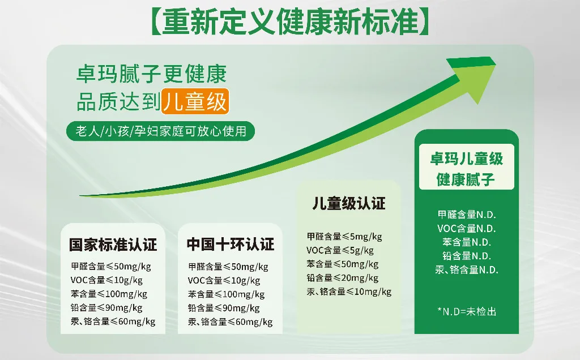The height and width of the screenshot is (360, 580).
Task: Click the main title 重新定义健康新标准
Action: [x=290, y=22]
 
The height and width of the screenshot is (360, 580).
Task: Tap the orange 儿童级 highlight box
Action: [x=195, y=102]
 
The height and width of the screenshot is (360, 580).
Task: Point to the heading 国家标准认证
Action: [x=113, y=245]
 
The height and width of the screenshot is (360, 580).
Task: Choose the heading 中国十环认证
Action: [x=231, y=245]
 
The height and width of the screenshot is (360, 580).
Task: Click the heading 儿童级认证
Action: [x=349, y=203]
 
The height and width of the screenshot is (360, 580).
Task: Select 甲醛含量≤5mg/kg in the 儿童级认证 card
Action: [x=344, y=237]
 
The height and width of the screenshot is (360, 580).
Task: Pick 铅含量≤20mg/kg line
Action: [x=343, y=278]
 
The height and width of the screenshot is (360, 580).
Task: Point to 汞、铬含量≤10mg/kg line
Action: [x=349, y=292]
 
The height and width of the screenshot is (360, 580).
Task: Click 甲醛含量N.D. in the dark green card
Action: [x=467, y=215]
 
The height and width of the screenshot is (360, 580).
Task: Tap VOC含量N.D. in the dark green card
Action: [x=467, y=229]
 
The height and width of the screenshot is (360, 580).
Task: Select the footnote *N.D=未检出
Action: [x=467, y=311]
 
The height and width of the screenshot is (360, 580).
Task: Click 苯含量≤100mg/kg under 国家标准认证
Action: [x=109, y=294]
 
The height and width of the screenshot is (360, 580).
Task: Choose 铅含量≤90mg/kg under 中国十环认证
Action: [x=224, y=308]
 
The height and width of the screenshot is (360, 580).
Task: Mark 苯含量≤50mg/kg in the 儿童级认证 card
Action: [x=343, y=264]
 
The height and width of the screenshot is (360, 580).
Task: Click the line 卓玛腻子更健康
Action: [x=151, y=74]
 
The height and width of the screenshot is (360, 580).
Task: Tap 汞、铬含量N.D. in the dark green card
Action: [x=467, y=270]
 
